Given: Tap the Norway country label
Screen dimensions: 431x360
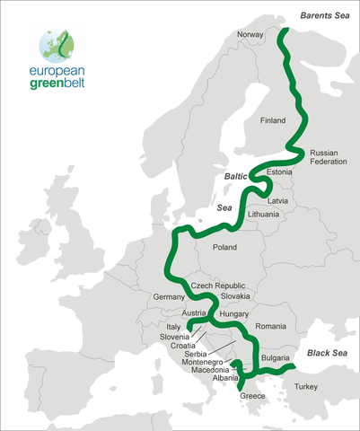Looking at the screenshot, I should pos(250,35).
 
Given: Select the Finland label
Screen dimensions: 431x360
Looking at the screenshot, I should pos(271,120).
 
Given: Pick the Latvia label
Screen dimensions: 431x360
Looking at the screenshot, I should pos(277,201).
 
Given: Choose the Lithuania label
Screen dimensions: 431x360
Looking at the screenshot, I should pos(264,215).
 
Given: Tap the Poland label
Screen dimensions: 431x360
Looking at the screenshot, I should pos(224,247).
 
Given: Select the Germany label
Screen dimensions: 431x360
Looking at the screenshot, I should pos(169,297).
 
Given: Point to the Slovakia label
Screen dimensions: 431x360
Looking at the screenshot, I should pos(235,296).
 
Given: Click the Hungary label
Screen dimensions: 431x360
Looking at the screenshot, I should pos(233,315).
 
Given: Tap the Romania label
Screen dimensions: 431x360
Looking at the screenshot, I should pos(269,325).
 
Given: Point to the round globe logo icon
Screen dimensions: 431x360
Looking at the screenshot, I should pos(57,43).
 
